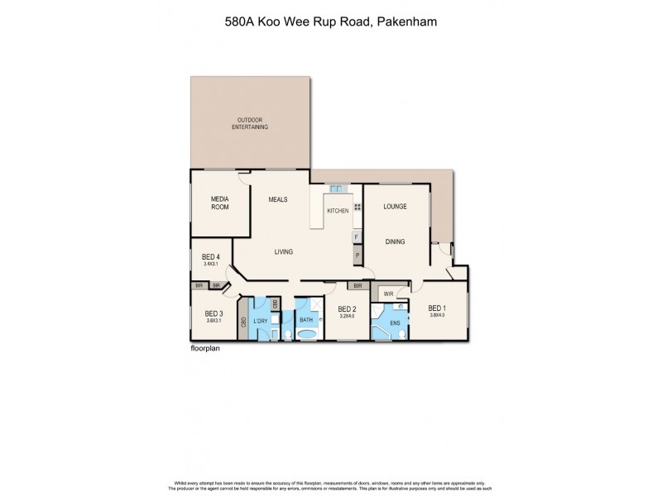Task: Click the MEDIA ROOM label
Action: [x=219, y=203]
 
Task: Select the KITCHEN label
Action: [x=338, y=212]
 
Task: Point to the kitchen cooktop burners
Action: [x=357, y=207]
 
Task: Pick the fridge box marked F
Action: [x=357, y=237]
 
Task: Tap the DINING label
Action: [x=394, y=242]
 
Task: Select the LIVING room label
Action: [x=283, y=252]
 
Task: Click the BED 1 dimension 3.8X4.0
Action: [x=437, y=315]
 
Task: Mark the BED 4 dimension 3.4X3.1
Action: [x=210, y=263]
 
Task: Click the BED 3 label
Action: [x=213, y=313]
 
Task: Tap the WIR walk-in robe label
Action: [x=387, y=293]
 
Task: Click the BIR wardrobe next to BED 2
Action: [x=357, y=286]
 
